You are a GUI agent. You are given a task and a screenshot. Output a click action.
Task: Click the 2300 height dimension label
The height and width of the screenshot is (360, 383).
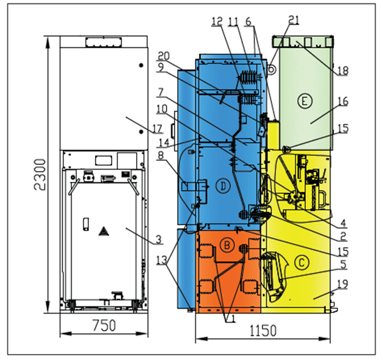[x=40, y=175]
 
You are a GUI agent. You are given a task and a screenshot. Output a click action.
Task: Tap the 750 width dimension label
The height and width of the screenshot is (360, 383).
[x=104, y=325]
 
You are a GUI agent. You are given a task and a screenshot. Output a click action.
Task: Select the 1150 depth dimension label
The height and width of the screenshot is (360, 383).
[x=263, y=330]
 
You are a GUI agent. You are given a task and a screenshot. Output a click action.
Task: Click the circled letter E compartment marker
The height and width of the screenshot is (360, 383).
[x=305, y=101]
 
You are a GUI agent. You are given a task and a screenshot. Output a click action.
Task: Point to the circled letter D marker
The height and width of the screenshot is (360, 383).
[x=223, y=186]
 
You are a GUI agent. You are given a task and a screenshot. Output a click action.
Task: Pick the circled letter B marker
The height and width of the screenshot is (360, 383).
[x=227, y=244]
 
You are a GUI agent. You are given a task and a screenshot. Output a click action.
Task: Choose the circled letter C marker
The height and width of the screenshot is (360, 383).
[x=302, y=262]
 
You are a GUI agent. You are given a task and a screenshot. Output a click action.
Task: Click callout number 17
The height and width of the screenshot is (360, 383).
[x=158, y=129]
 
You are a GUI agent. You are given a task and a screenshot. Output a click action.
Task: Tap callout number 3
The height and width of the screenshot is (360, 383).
[x=159, y=240]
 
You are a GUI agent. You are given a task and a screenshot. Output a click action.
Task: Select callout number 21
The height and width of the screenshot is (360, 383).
[x=293, y=19]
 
